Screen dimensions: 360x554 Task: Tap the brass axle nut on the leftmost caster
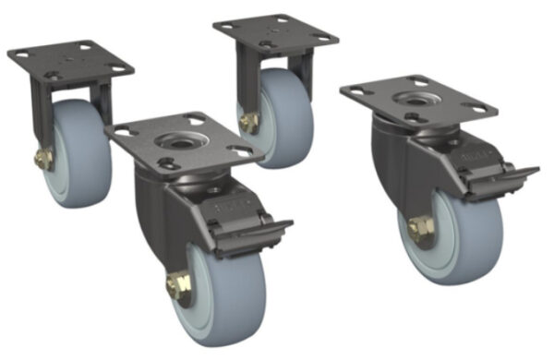tap(42, 160)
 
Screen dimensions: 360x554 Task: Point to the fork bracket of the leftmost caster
tap(39, 115)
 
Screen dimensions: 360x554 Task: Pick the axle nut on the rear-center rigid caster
tap(248, 121)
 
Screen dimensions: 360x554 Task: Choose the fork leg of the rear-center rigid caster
tap(245, 78)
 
